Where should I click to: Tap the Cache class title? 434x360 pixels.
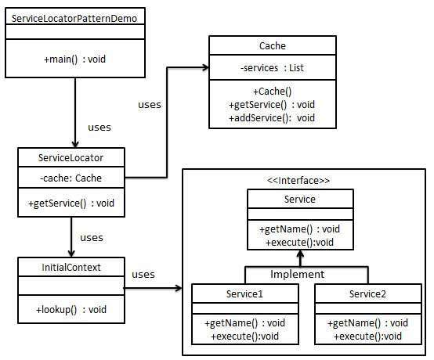272,46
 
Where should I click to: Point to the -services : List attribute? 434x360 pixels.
272,68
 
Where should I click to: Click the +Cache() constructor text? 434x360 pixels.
272,92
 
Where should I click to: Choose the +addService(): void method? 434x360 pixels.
272,117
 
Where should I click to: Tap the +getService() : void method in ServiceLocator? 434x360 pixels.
71,203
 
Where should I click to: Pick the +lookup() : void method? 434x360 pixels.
71,310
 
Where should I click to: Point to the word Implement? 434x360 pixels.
297,275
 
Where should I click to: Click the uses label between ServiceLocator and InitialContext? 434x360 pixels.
92,237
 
